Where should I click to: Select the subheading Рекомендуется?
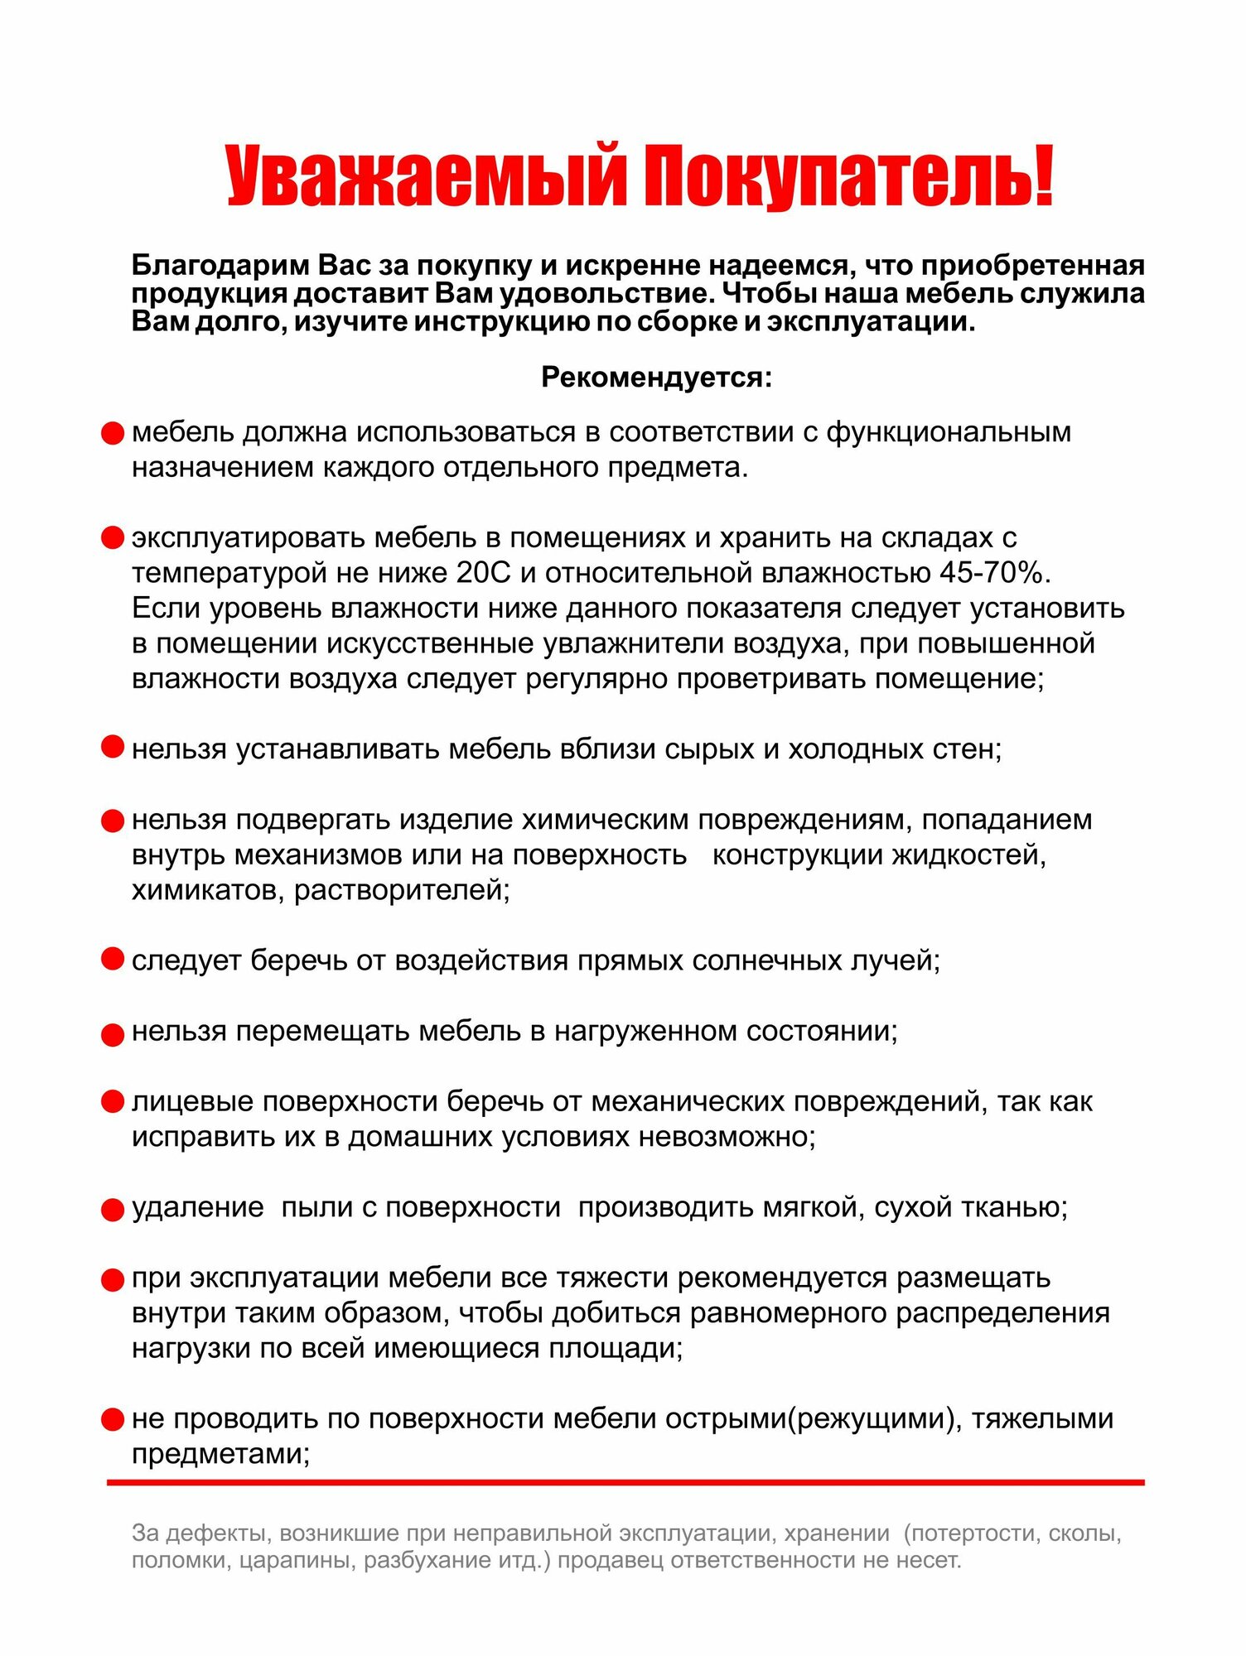(x=656, y=378)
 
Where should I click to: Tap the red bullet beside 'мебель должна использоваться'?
(x=112, y=433)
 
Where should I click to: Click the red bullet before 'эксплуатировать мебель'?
(x=112, y=538)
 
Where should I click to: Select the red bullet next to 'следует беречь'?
(x=112, y=960)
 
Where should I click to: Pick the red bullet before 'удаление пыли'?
(x=112, y=1210)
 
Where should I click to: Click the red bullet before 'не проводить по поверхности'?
(x=112, y=1420)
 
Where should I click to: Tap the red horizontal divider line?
(x=625, y=1482)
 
